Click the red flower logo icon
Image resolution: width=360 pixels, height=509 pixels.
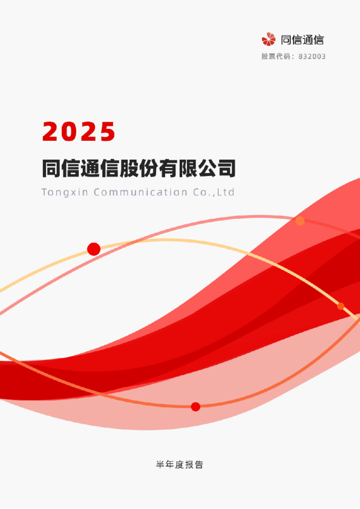click(x=269, y=39)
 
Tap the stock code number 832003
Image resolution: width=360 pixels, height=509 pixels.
click(x=312, y=56)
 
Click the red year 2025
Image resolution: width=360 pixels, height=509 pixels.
click(x=79, y=131)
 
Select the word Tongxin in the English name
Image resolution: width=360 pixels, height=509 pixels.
click(x=65, y=192)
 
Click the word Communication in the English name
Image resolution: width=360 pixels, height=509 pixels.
click(x=140, y=192)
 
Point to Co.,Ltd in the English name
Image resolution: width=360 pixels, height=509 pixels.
click(x=214, y=192)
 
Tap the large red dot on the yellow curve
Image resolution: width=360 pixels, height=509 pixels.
click(x=94, y=249)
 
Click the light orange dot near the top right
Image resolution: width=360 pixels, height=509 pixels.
click(x=300, y=221)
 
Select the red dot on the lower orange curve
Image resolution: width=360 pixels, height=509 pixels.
click(x=195, y=406)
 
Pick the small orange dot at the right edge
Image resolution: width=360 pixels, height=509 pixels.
click(x=341, y=306)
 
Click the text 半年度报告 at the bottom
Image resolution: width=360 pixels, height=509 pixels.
click(x=180, y=464)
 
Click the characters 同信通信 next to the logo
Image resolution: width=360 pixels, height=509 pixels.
click(x=302, y=40)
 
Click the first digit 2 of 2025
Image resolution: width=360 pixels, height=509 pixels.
click(x=50, y=131)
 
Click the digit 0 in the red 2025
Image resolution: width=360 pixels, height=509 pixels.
click(x=69, y=131)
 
